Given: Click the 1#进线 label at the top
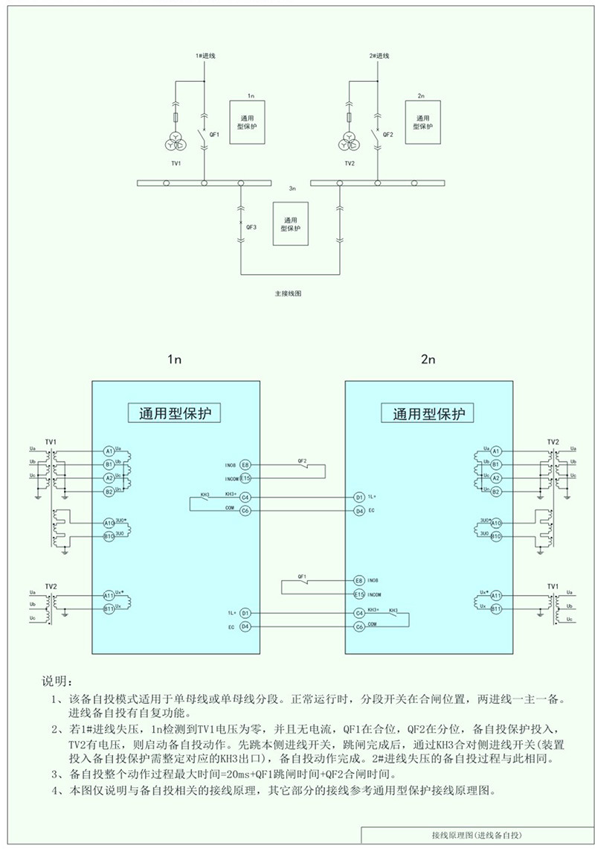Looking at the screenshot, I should tap(205, 57).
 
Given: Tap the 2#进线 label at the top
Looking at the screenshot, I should tap(379, 57).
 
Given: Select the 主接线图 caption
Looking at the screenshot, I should tap(288, 294).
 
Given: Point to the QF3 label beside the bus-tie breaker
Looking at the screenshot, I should tap(251, 227).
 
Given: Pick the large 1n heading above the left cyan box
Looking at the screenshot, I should tap(174, 360).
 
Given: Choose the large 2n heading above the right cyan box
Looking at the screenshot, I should tap(428, 360).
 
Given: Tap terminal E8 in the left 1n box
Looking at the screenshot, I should tap(245, 465).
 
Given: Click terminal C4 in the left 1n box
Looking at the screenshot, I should tap(245, 497).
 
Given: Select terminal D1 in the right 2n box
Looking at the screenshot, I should tap(359, 497).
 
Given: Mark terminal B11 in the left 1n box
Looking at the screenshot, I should tap(109, 609).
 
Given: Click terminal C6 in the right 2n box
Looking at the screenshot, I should tap(359, 627).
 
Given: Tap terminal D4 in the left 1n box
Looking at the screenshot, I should tap(245, 627).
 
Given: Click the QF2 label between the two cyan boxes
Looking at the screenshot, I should tap(302, 461).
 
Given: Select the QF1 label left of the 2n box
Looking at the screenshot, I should tap(302, 576).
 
